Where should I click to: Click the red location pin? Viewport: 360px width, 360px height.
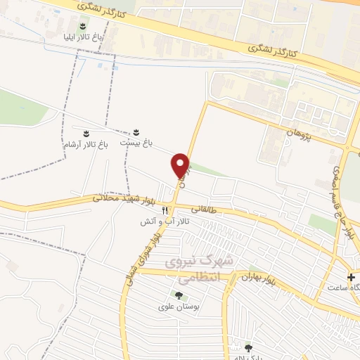pos(181,166)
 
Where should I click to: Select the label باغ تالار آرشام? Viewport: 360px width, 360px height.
pos(84,143)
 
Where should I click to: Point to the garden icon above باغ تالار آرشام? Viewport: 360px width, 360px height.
pos(86,132)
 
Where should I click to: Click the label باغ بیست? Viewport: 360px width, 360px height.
pos(136,143)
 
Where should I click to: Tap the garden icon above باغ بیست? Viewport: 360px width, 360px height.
pos(136,131)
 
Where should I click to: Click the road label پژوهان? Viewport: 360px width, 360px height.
pos(299,131)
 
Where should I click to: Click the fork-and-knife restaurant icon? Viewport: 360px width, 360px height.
pos(165,210)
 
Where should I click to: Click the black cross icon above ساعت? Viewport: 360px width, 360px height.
pos(351,276)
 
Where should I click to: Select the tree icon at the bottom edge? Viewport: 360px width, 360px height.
pos(247,347)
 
